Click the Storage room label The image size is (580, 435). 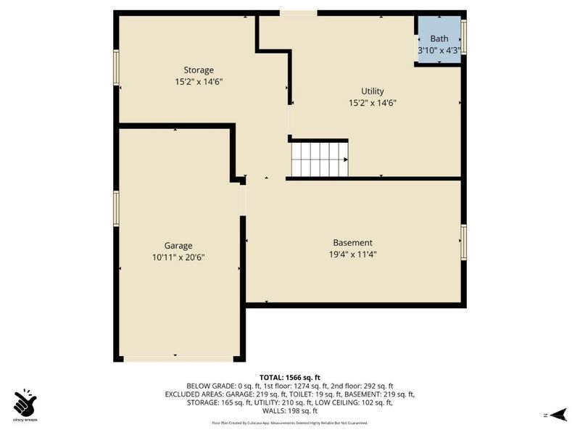click(x=198, y=70)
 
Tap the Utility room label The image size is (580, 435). click(x=373, y=91)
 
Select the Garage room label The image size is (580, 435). click(x=178, y=246)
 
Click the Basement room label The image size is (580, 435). click(x=352, y=243)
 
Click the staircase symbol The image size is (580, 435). click(x=319, y=159)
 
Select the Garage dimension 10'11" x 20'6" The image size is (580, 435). click(x=178, y=257)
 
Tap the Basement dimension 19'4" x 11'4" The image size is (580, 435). click(x=352, y=254)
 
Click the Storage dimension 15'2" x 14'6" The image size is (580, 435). click(x=198, y=82)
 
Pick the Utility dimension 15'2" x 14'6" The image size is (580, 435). click(x=373, y=103)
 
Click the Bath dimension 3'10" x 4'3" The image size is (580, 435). click(x=439, y=51)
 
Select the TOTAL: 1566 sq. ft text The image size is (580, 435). click(x=290, y=377)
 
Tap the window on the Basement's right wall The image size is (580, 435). click(x=464, y=241)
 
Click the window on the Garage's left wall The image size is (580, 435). click(x=116, y=208)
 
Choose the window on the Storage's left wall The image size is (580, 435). click(x=116, y=67)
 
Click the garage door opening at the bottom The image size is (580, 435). click(x=178, y=358)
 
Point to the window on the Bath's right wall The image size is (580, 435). click(x=464, y=36)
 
